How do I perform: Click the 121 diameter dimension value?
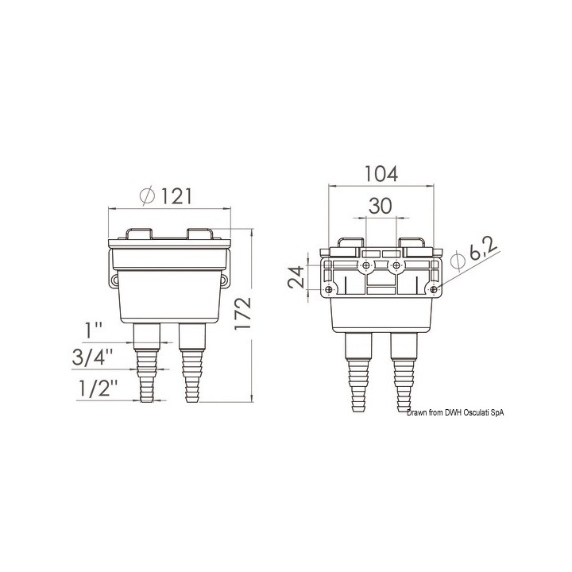point(176,197)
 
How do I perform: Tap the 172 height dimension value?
point(243,314)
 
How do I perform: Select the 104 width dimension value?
point(381,174)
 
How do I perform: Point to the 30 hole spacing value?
point(380,206)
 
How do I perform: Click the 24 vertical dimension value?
point(296,277)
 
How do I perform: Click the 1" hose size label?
point(94,330)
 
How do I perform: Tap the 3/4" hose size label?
point(92,357)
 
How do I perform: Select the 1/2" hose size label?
point(99,388)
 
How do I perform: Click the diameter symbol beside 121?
point(148,196)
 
